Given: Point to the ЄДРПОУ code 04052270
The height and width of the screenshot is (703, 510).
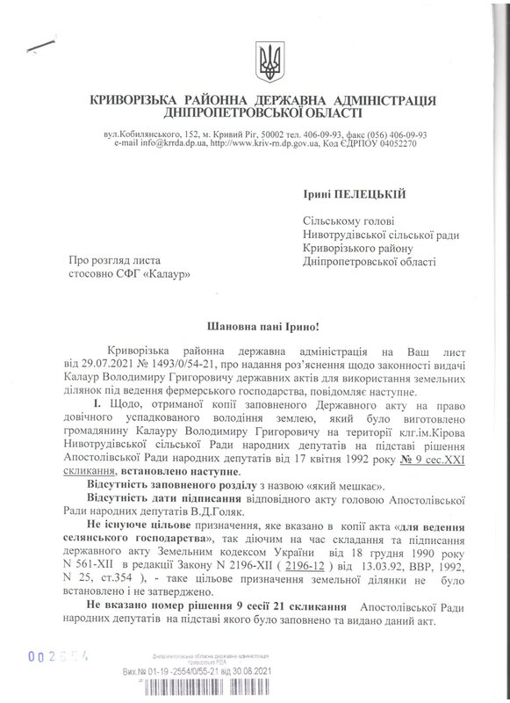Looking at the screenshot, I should click(x=399, y=142).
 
